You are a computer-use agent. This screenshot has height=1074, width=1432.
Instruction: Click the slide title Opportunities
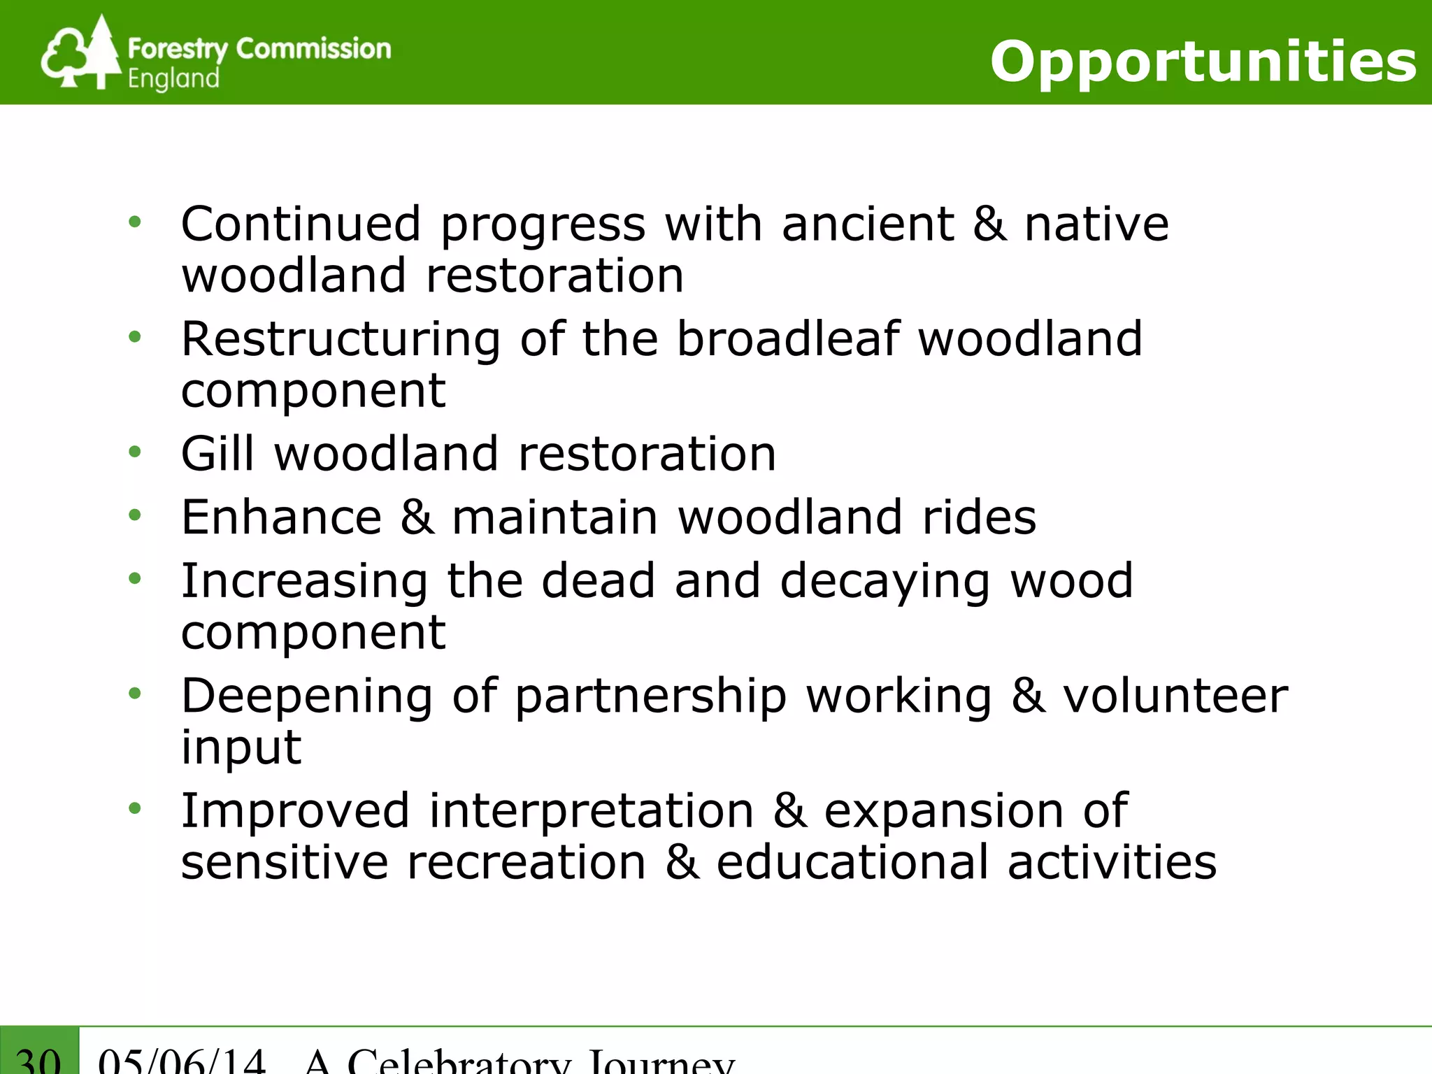[1203, 62]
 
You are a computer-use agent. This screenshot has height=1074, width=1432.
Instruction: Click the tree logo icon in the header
[80, 55]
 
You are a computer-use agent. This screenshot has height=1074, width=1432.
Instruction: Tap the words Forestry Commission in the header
[259, 49]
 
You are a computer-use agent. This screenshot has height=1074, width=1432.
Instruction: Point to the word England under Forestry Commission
[173, 78]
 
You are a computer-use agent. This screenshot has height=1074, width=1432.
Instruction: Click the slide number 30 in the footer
[38, 1059]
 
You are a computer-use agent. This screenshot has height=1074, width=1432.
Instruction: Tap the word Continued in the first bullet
[301, 224]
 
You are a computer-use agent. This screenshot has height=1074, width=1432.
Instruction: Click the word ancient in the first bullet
[867, 224]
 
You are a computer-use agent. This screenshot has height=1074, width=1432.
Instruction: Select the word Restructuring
[341, 341]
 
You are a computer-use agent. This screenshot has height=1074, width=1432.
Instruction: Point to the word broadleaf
[787, 339]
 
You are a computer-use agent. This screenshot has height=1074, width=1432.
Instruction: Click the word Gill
[217, 454]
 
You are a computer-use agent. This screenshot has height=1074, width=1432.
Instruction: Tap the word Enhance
[281, 517]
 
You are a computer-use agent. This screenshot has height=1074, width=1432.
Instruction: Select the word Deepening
[307, 698]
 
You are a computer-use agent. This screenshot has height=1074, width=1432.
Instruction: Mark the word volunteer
[1175, 696]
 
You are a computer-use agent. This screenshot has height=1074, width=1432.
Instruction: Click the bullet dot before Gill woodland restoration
[135, 452]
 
